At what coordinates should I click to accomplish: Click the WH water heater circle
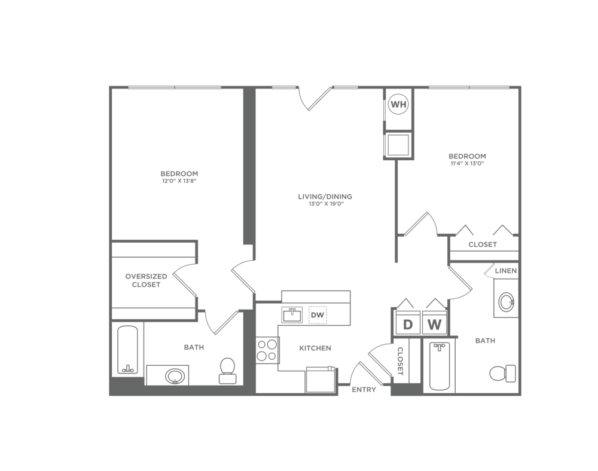(398, 105)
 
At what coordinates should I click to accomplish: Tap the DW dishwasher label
(317, 315)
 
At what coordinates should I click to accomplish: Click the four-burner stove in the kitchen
(266, 350)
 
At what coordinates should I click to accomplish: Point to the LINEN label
(505, 271)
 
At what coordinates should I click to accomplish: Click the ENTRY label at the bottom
(364, 390)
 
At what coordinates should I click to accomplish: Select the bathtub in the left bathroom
(127, 349)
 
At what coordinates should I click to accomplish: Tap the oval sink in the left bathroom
(174, 375)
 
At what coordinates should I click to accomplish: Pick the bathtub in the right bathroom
(438, 365)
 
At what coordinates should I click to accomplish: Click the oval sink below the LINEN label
(506, 301)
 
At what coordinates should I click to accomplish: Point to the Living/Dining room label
(325, 197)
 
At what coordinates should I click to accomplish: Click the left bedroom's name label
(179, 176)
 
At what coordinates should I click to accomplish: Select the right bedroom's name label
(467, 157)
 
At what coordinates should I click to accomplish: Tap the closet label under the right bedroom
(482, 244)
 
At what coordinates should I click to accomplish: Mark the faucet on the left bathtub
(127, 369)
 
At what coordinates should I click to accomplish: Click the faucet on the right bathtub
(439, 347)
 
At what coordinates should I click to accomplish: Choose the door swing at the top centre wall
(315, 91)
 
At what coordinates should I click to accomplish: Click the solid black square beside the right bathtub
(471, 317)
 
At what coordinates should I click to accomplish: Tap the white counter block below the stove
(280, 382)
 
